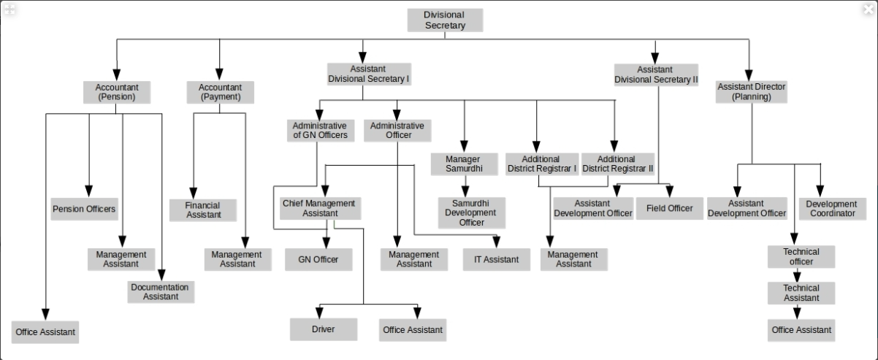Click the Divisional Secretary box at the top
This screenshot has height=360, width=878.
[x=445, y=20]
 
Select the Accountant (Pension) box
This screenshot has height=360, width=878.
[x=117, y=92]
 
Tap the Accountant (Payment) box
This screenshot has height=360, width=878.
[x=220, y=92]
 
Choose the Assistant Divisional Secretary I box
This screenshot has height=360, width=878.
[x=369, y=74]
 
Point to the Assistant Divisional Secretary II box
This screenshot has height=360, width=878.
[x=656, y=74]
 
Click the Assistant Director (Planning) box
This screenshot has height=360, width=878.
[x=751, y=92]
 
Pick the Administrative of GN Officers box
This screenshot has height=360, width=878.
[x=320, y=131]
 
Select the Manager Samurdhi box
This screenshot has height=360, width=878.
[x=464, y=164]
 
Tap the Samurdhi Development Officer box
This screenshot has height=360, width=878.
[x=472, y=212]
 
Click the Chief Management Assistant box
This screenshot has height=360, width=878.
[x=320, y=208]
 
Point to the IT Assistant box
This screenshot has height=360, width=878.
[x=496, y=259]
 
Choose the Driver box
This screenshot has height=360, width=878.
[x=324, y=329]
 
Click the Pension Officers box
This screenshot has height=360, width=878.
[x=84, y=209]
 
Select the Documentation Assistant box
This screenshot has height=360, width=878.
[x=161, y=292]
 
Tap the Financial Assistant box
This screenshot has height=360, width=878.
[x=202, y=210]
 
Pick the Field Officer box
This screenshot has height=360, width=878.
[x=670, y=208]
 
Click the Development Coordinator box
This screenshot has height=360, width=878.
[x=833, y=209]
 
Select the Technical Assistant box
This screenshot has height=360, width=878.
[x=801, y=293]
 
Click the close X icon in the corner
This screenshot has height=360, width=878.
[x=869, y=9]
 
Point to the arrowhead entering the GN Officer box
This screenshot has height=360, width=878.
[x=327, y=243]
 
